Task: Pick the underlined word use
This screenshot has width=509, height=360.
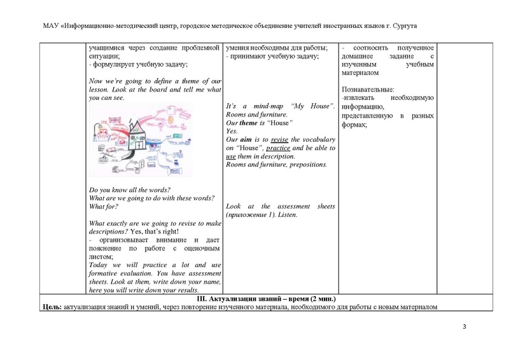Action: (232, 156)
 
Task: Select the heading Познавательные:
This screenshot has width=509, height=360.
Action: (367, 90)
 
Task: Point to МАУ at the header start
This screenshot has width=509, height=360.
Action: (50, 25)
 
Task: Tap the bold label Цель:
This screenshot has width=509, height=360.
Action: (51, 308)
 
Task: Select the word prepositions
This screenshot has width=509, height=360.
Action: (307, 165)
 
